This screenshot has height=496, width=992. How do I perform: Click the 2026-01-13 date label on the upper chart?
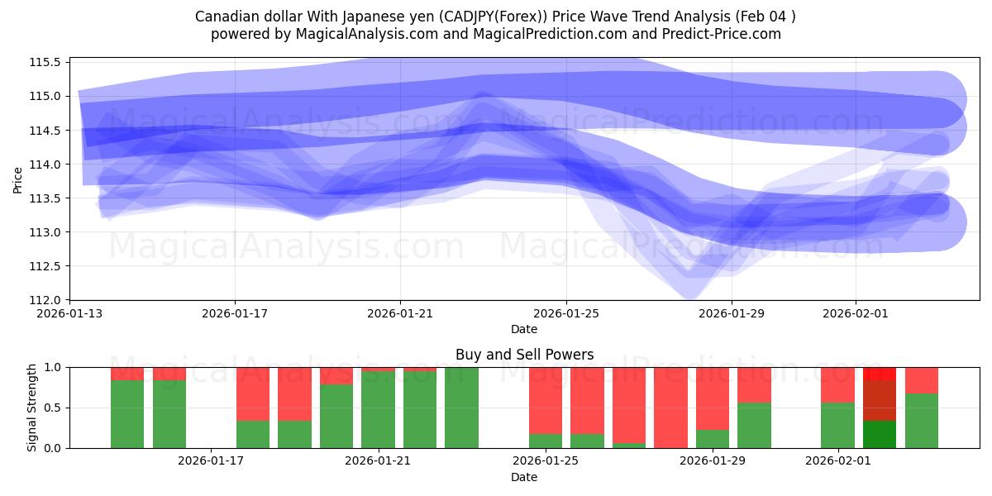coord(69,314)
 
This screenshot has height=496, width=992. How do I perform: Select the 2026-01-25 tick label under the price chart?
coord(566,314)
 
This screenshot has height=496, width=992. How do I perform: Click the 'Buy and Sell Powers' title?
coord(524,355)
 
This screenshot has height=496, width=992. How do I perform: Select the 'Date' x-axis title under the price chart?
coord(524,329)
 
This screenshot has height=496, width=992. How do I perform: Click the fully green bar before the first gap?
coord(461,408)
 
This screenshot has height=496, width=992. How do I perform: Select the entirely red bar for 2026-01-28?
coord(670,408)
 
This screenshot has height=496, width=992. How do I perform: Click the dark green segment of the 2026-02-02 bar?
coord(880,434)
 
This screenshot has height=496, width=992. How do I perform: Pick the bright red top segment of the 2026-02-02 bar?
coord(880,374)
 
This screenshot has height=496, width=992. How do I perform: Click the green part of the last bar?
coord(922,421)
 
